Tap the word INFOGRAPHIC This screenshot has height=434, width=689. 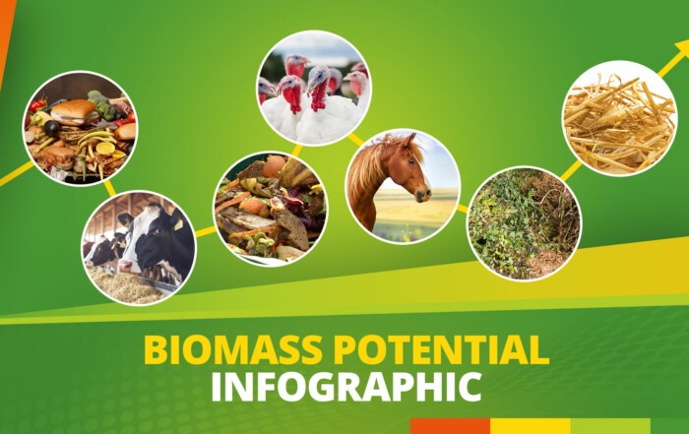(x=345, y=387)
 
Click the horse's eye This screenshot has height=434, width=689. (x=411, y=161)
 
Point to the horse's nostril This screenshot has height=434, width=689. (x=424, y=193)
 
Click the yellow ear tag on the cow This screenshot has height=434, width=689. (x=178, y=224)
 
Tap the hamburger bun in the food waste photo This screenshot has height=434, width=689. (x=74, y=111)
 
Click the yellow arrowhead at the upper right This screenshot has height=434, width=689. (x=681, y=49)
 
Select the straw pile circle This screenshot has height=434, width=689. (x=619, y=119)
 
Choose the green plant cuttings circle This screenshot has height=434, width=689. (x=524, y=223)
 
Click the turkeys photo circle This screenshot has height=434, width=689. (x=314, y=88)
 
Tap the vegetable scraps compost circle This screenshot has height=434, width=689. (x=271, y=209)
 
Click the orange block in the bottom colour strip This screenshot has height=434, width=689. (x=451, y=426)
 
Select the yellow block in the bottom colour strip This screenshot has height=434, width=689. (x=531, y=426)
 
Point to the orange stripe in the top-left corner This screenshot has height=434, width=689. (x=6, y=31)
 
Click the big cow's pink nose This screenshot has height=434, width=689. (x=125, y=266)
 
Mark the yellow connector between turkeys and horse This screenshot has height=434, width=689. (x=356, y=140)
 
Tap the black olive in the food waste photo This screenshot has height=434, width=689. (x=52, y=128)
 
